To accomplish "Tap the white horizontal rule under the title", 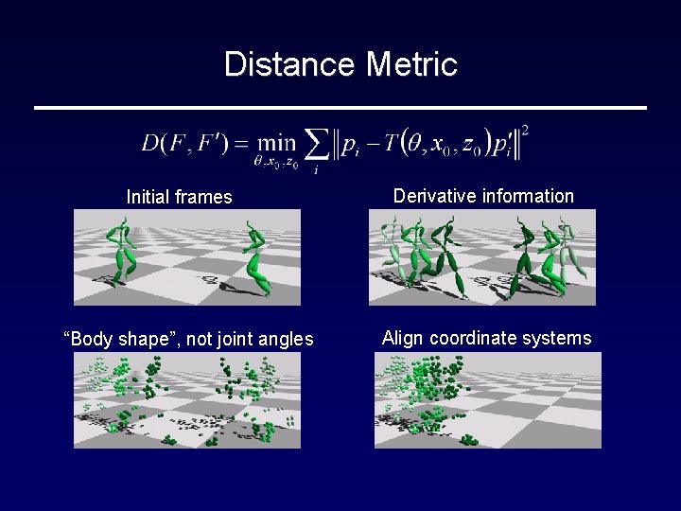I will (x=340, y=108).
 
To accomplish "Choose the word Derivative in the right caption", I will (x=434, y=196).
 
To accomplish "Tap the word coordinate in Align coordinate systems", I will (x=475, y=338).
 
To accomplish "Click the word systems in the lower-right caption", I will (x=559, y=338).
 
